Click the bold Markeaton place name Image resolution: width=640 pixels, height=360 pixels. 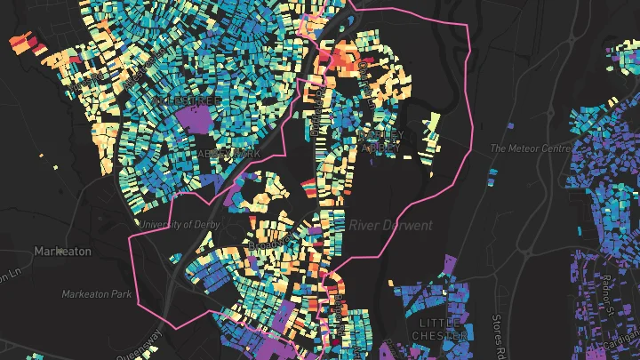(x=62, y=252)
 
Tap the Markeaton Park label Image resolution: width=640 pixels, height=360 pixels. (x=96, y=293)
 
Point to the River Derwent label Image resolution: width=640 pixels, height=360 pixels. (x=390, y=226)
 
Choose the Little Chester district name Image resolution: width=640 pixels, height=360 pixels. (x=440, y=329)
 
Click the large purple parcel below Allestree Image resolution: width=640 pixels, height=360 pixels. (x=198, y=117)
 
